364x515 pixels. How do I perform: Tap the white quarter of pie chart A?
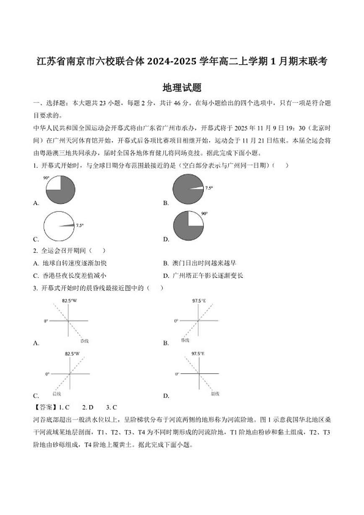point(54,183)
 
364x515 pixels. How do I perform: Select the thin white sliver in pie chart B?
point(196,188)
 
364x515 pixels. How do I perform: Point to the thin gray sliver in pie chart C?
point(67,225)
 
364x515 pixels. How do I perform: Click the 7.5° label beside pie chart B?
point(209,188)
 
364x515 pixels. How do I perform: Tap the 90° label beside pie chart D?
point(204,213)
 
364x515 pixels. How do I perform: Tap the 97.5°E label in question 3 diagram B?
point(199,301)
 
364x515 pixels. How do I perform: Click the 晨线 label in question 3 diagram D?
point(215,394)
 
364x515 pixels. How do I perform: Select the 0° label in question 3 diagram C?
point(47,374)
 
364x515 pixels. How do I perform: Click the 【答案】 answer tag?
point(43,407)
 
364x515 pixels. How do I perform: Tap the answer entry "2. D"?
point(88,407)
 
